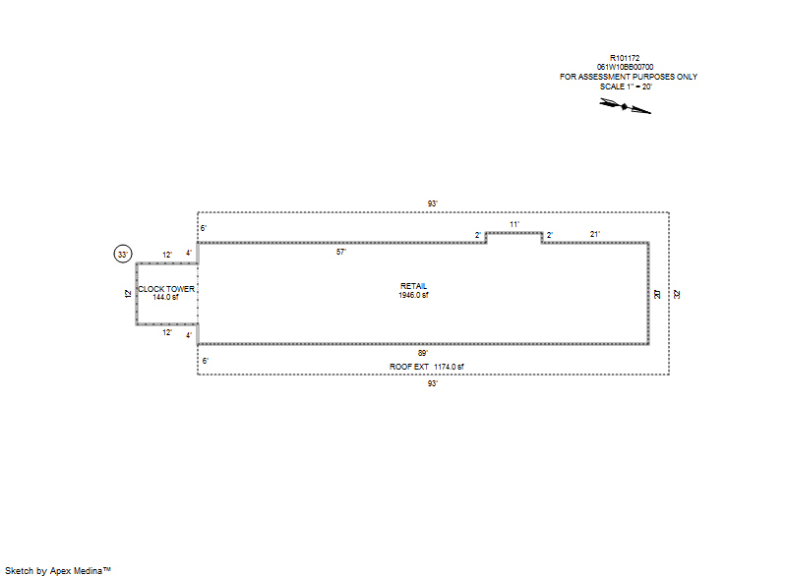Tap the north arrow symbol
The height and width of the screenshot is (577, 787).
pos(626,106)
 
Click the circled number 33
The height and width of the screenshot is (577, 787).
pos(123,255)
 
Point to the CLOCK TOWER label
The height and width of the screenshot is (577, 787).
pos(166,289)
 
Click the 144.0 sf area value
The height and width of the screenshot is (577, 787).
pos(166,297)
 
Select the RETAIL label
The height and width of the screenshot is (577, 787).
pos(413,286)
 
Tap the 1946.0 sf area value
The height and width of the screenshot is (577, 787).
pos(413,295)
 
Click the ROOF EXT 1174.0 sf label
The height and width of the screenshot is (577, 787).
pos(426,367)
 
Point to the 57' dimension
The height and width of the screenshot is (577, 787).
pos(341,252)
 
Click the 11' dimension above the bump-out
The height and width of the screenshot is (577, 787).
pos(515,224)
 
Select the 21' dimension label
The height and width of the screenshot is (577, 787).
pos(595,234)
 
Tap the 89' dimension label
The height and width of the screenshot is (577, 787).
pos(424,352)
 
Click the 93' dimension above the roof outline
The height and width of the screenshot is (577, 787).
pos(432,203)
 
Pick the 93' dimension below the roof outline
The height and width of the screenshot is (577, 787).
pos(432,382)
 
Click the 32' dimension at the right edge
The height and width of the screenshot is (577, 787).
pos(676,293)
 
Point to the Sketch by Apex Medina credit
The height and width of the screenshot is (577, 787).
pos(58,570)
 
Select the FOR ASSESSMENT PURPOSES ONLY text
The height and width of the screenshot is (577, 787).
pos(629,77)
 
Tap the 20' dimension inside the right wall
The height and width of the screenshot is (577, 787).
pos(656,293)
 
